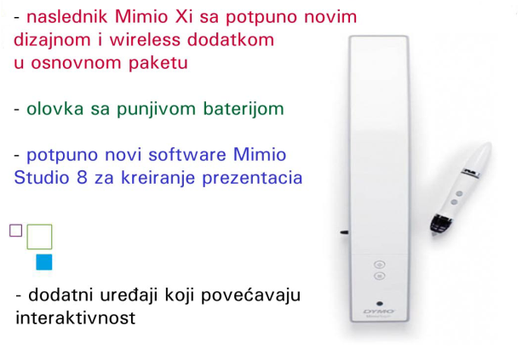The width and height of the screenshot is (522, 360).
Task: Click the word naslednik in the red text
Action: pos(67,17)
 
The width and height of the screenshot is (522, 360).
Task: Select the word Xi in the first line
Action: pos(184,17)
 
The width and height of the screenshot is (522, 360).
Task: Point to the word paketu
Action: pos(158,63)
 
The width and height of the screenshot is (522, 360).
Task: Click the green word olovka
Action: pos(55,109)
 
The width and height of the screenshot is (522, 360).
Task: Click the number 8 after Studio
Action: pos(82,177)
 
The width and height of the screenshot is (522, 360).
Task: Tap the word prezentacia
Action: pos(252,178)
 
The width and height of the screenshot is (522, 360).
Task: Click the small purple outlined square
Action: pos(16,231)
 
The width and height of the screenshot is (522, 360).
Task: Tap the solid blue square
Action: pos(44,262)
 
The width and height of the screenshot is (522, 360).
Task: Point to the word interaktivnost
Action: pos(76,317)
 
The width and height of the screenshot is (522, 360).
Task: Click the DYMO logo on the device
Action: pos(379,311)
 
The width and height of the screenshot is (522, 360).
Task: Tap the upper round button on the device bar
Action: pos(380,265)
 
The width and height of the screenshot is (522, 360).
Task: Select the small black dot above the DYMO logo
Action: pos(380,304)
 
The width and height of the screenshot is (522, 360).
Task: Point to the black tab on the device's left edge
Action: pos(344,232)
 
